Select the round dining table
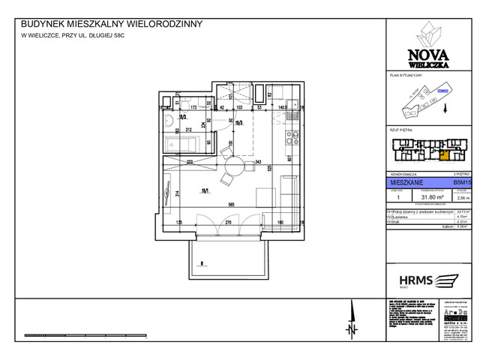click(233, 166)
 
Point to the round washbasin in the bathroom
click(170, 120)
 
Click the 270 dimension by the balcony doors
click(223, 223)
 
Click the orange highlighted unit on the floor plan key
click(444, 156)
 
